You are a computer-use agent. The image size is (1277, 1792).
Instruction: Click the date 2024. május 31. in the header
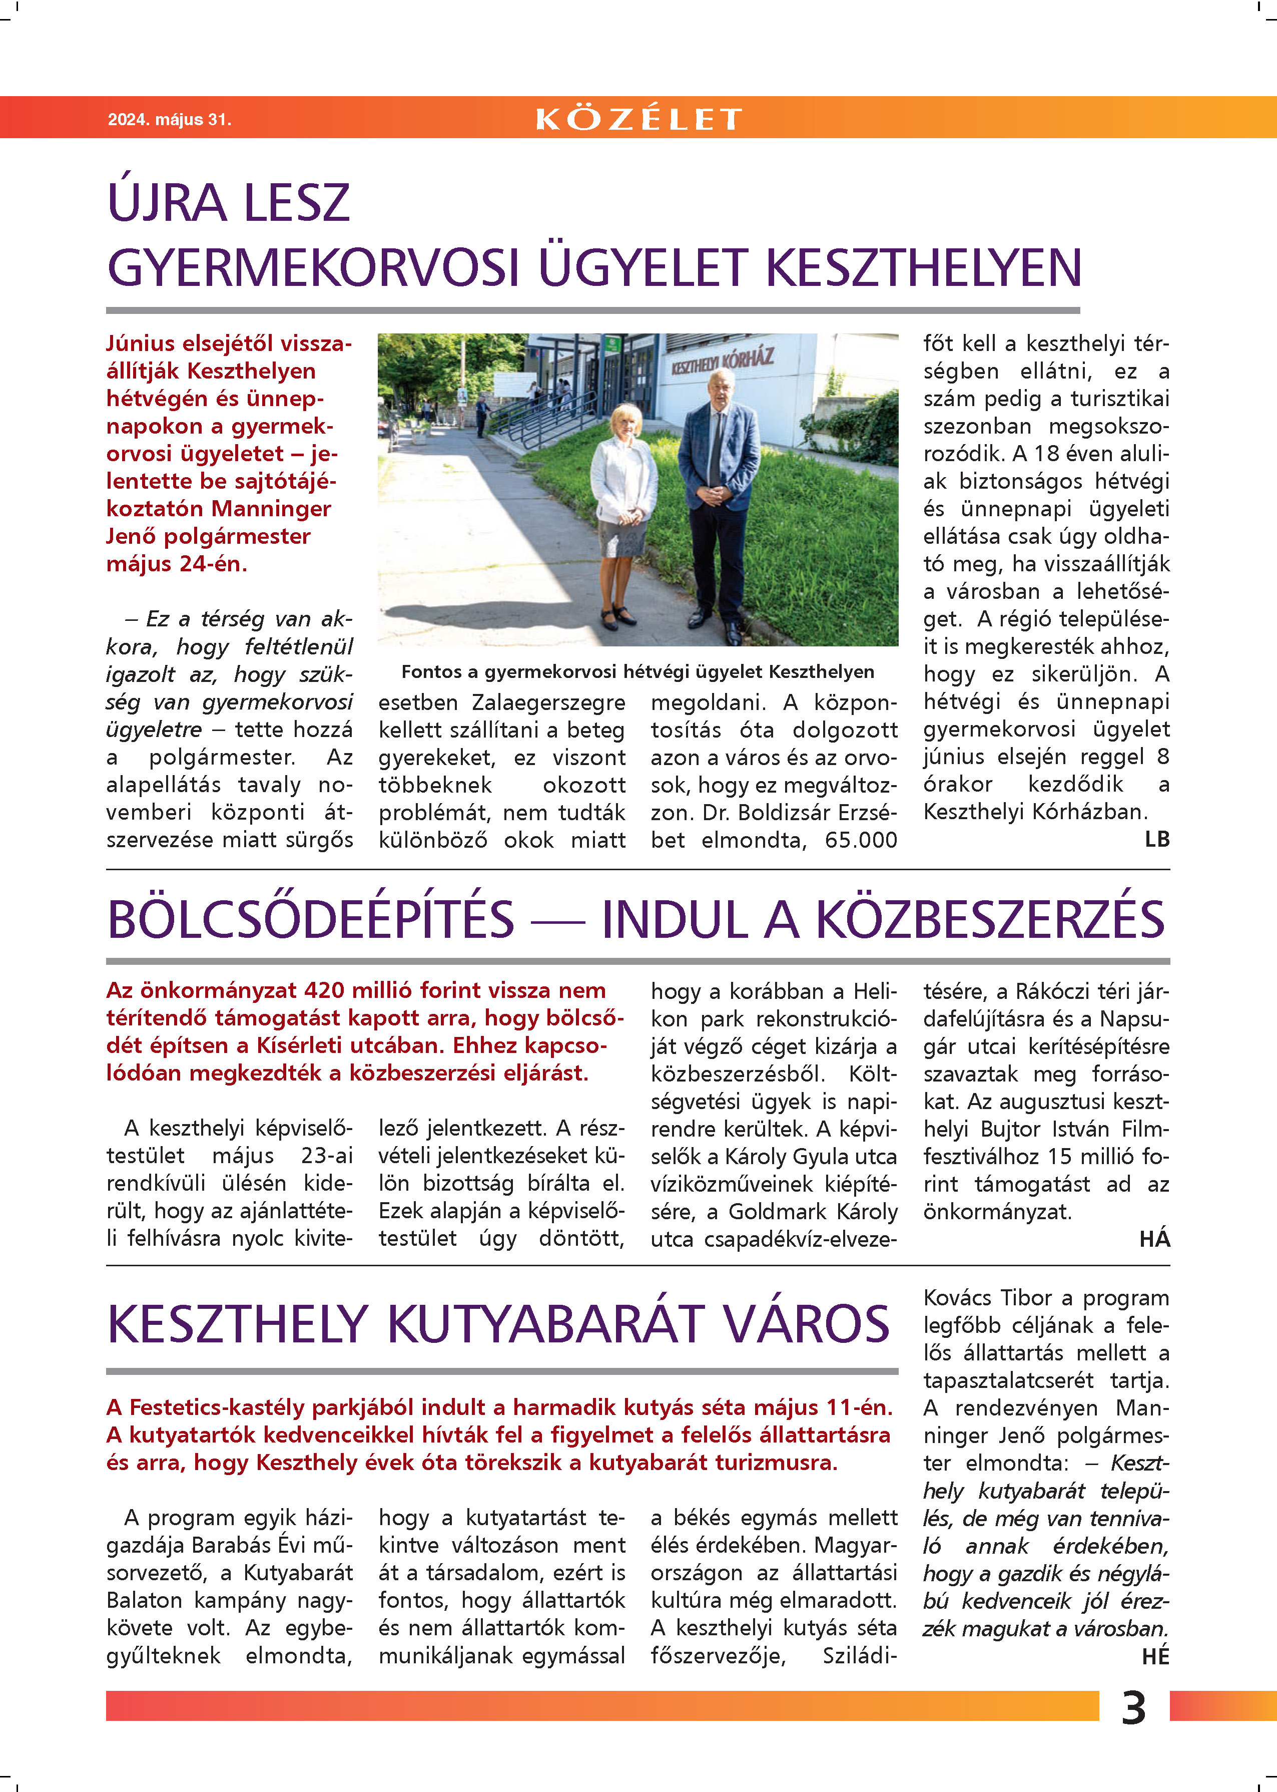coord(169,120)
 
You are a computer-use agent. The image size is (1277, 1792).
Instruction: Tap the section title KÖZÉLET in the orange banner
coord(638,119)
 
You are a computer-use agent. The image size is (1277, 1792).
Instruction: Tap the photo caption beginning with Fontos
coord(637,671)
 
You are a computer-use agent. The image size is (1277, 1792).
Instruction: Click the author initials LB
coord(1157,839)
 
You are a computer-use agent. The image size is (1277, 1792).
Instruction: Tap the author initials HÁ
coord(1154,1239)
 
